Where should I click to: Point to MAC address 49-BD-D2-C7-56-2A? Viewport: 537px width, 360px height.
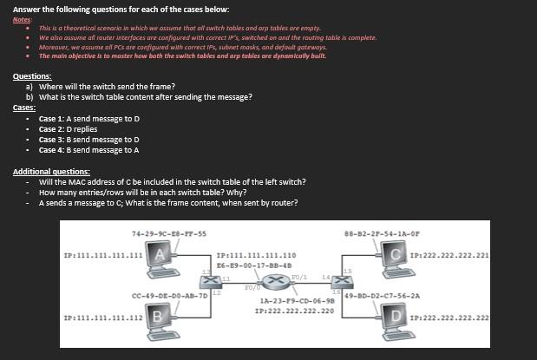point(382,295)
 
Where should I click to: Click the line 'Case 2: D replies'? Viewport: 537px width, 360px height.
point(68,128)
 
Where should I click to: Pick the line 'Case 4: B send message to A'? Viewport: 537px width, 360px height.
point(88,149)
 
